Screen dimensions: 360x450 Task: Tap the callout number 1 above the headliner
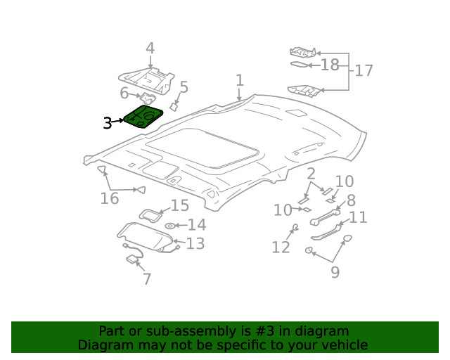239,80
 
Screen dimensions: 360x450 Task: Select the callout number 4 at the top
150,49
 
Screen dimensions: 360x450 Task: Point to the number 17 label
364,70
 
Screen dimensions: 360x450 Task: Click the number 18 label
329,65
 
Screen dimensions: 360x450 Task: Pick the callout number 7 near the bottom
146,279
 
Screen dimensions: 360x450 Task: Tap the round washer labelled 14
170,226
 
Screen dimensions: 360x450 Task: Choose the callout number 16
109,198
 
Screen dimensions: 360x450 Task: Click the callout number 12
281,247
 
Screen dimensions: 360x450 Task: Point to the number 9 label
335,272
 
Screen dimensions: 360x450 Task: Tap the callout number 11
358,217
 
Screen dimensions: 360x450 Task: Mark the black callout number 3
107,123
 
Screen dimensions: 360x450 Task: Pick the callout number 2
310,175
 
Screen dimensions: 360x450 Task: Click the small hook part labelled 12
295,227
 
